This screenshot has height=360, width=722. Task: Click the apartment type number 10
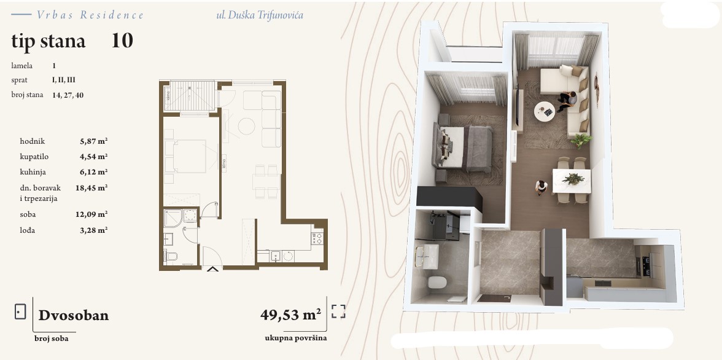(x=122, y=41)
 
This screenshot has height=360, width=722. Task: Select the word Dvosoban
(x=74, y=315)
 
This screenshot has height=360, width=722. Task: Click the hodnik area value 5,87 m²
(x=93, y=141)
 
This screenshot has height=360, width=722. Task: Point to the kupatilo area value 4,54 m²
(x=93, y=157)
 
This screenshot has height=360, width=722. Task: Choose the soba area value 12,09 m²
(x=91, y=214)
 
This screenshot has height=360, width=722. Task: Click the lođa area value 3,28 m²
(x=93, y=230)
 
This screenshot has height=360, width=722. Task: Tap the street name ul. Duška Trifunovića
(x=260, y=15)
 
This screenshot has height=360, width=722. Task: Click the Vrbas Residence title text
(x=90, y=15)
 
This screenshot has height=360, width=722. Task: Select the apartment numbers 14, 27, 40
(x=68, y=95)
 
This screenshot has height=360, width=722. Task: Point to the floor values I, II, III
(x=64, y=80)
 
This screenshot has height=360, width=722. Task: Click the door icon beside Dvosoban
(x=20, y=311)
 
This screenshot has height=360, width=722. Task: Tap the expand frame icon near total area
(x=338, y=311)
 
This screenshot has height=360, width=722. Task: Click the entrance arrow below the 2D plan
(x=212, y=268)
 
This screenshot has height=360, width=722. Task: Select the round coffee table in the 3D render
(x=545, y=112)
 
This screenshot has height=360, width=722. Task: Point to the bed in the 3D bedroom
(x=462, y=147)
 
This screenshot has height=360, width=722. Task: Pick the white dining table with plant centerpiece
(x=571, y=181)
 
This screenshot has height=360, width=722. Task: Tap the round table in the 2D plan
(x=246, y=126)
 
